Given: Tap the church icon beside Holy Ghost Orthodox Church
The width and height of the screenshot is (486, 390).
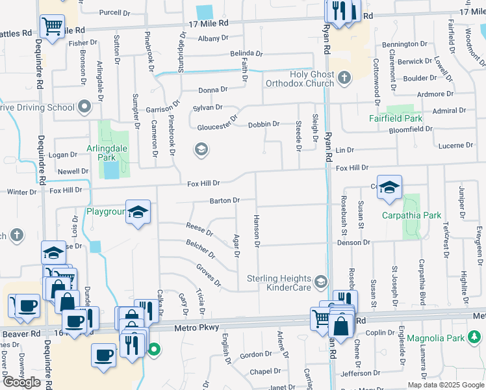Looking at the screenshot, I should pos(345,79).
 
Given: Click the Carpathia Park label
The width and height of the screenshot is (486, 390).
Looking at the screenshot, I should pos(411,215).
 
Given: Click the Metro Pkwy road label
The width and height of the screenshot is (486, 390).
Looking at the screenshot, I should pos(193,328).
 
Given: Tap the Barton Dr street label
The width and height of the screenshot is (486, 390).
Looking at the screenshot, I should pos(225,201).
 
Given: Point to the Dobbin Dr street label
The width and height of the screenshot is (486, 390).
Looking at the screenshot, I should pos(264,123).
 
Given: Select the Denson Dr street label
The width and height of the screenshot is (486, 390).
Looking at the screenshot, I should pos(353,242).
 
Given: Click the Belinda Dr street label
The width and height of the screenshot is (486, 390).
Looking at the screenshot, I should pos(246,54).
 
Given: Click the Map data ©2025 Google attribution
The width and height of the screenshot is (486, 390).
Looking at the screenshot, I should pos(446,385).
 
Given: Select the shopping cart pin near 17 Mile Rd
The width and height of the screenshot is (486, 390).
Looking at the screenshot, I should pos(52,26).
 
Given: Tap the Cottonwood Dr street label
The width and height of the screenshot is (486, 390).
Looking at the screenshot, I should pos(376,82).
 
